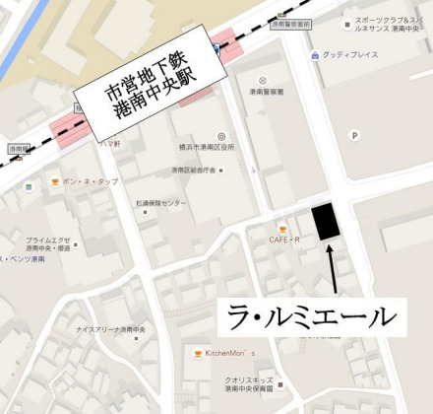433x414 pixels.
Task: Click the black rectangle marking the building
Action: (x=325, y=221)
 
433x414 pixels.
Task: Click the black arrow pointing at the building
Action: (x=333, y=268)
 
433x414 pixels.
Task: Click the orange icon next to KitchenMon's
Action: (x=198, y=353)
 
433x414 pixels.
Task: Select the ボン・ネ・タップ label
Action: (x=90, y=182)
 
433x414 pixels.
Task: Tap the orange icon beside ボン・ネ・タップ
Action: (x=55, y=183)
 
